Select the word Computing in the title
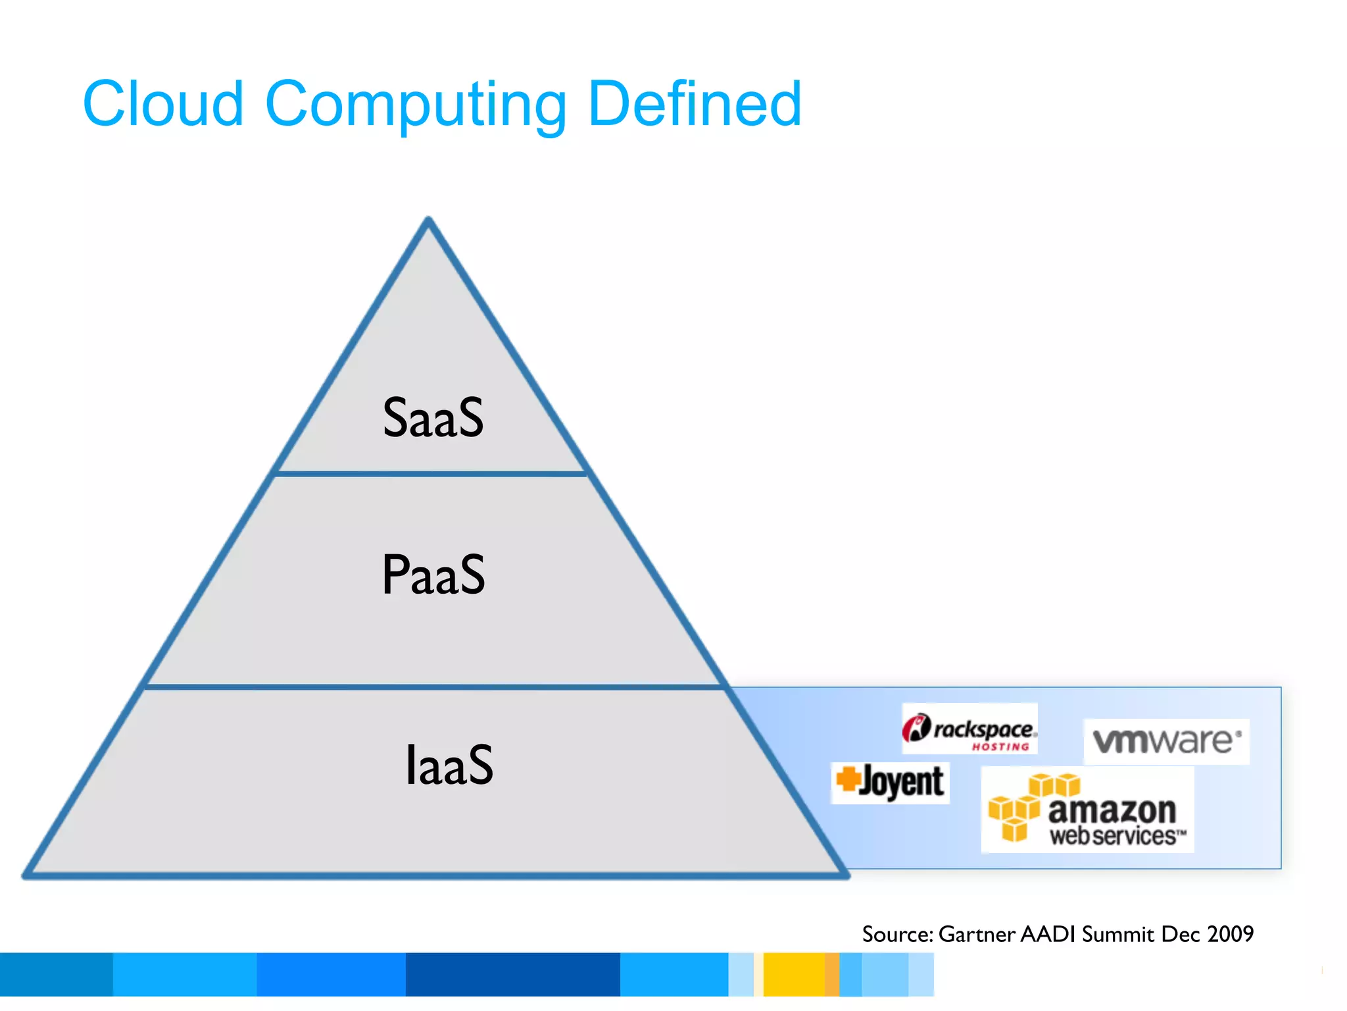pyautogui.click(x=416, y=105)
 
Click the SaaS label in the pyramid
pyautogui.click(x=433, y=418)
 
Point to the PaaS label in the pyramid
pyautogui.click(x=433, y=575)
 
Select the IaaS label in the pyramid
pyautogui.click(x=449, y=765)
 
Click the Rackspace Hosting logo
pyautogui.click(x=969, y=729)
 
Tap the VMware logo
pyautogui.click(x=1166, y=741)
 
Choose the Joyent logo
pyautogui.click(x=891, y=783)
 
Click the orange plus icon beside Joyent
pyautogui.click(x=848, y=779)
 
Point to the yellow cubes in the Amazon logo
pyautogui.click(x=1026, y=806)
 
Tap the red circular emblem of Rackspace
pyautogui.click(x=916, y=728)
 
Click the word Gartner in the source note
pyautogui.click(x=977, y=934)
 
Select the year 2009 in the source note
pyautogui.click(x=1231, y=934)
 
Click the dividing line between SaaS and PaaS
pyautogui.click(x=431, y=473)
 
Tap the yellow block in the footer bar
pyautogui.click(x=794, y=974)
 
